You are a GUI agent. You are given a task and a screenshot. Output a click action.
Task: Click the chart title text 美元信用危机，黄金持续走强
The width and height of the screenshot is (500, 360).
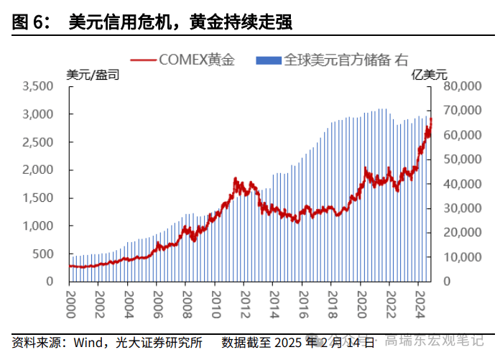(x=180, y=23)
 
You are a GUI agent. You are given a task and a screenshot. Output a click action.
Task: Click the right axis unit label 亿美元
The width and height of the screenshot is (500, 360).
(x=429, y=74)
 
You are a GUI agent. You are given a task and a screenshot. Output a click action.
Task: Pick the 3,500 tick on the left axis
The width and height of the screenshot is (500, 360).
(x=39, y=86)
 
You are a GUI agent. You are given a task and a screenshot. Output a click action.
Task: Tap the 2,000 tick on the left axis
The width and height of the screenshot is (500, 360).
(x=39, y=170)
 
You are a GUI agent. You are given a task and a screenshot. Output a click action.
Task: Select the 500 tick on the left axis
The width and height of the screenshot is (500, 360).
(x=45, y=254)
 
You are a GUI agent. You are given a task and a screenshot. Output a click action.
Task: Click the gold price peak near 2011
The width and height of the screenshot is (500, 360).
(x=236, y=178)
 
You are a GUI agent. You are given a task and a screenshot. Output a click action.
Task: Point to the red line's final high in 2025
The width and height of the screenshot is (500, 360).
(x=430, y=119)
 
